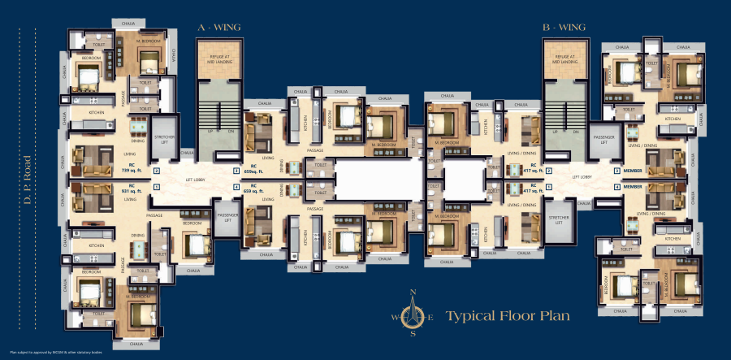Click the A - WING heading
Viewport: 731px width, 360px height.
coord(219,27)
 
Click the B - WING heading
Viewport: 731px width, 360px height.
coord(564,27)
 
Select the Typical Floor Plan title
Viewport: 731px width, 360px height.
coord(508,315)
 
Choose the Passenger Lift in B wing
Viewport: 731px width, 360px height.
coord(603,141)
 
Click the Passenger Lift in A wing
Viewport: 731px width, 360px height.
coord(227,217)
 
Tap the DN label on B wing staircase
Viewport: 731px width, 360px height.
coord(574,131)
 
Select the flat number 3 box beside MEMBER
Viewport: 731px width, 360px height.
coord(616,171)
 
